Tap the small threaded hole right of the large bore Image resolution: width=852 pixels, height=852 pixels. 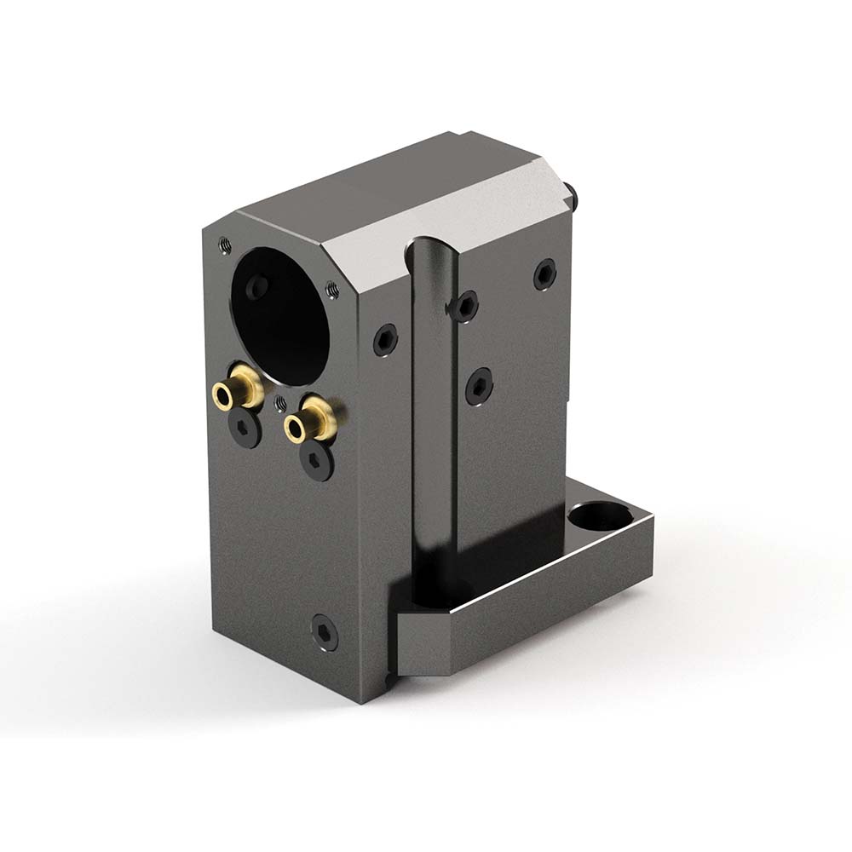click(x=332, y=291)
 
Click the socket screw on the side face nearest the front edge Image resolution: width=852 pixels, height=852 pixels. click(x=385, y=340)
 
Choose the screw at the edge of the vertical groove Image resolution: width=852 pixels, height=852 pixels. click(x=464, y=306)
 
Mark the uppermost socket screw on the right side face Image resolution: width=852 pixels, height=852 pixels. click(x=544, y=273)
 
